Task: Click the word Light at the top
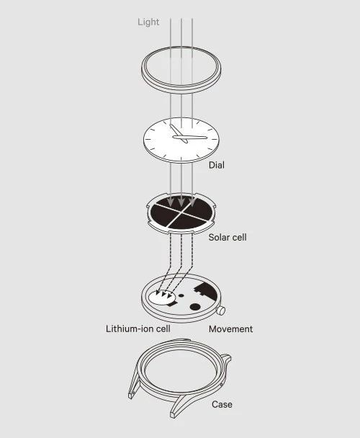(148, 22)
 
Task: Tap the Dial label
(217, 165)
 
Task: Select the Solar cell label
(228, 238)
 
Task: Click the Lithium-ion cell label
(138, 328)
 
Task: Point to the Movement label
(230, 328)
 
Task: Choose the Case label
(222, 404)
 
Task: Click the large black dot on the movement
(195, 307)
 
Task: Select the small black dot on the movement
(181, 295)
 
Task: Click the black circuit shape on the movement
(206, 291)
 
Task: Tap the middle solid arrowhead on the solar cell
(181, 202)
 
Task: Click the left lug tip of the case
(131, 395)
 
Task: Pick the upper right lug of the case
(226, 358)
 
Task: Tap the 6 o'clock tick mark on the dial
(181, 159)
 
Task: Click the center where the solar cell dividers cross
(181, 214)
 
